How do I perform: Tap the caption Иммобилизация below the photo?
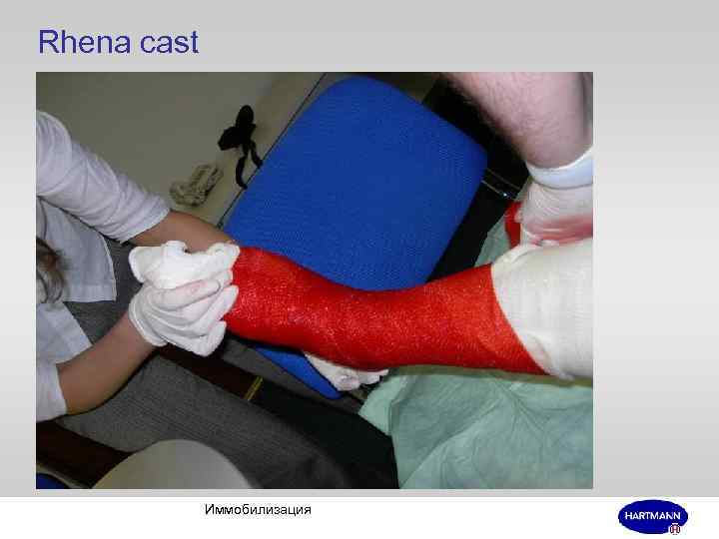[x=257, y=510]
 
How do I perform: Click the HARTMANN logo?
[x=652, y=516]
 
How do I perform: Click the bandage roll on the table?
[x=196, y=183]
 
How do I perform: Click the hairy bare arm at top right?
[x=519, y=110]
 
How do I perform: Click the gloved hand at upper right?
[x=559, y=215]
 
